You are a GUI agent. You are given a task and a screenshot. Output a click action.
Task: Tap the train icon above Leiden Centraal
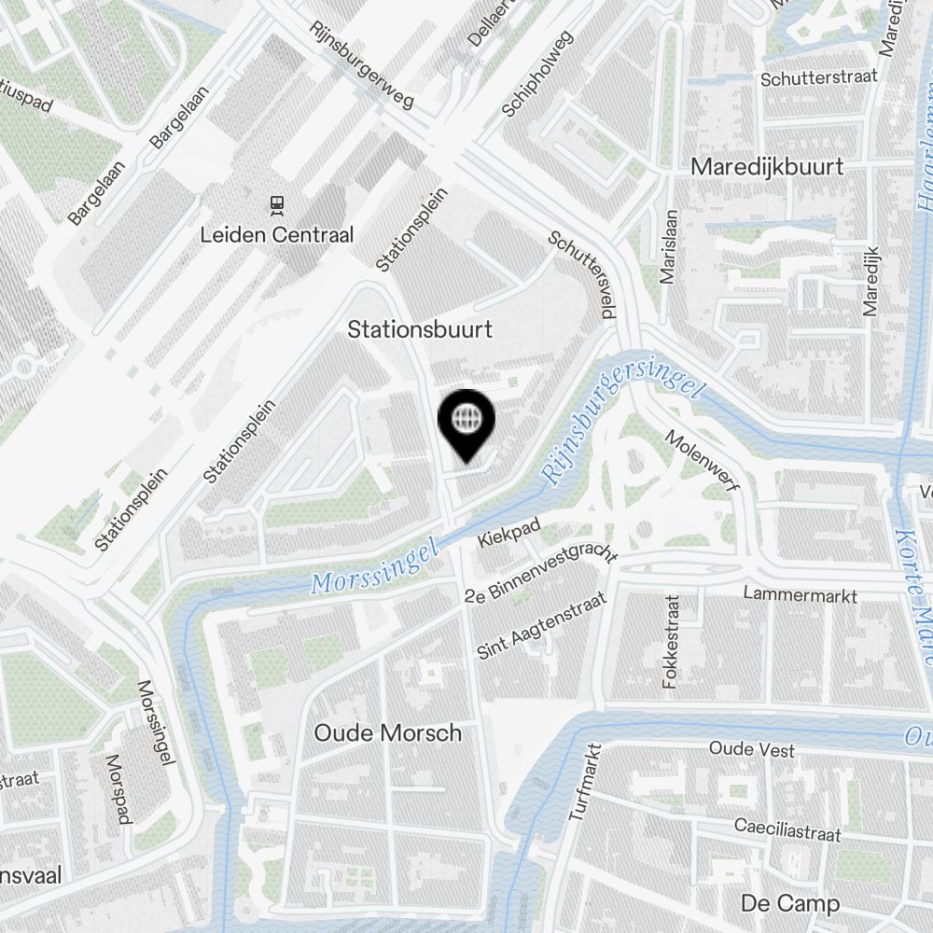(276, 202)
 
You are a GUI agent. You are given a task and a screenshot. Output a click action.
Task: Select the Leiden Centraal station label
(277, 234)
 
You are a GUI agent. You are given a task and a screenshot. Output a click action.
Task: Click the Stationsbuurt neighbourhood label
(420, 329)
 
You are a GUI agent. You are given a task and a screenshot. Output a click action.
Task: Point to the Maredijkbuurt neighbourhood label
(767, 167)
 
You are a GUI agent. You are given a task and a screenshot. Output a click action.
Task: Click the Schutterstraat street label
(818, 78)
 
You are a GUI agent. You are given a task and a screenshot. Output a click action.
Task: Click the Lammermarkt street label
(800, 593)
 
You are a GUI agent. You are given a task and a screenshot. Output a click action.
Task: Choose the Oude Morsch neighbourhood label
(387, 732)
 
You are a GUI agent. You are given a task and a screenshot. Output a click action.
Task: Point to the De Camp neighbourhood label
(789, 903)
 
